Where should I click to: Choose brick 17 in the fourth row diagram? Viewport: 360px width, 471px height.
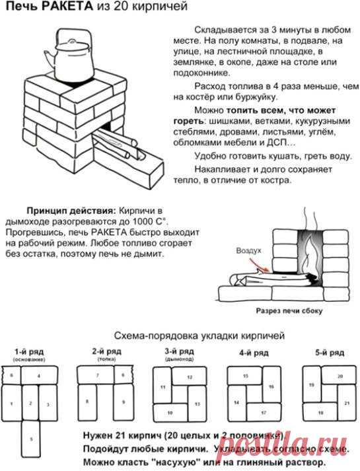(x=263, y=413)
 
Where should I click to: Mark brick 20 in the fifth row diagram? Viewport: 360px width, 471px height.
(x=340, y=376)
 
